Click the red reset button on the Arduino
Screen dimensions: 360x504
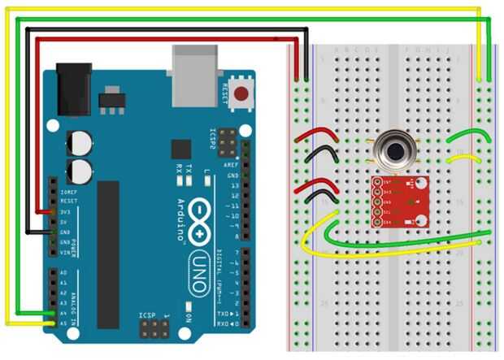pos(241,94)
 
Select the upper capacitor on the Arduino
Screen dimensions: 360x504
pos(80,142)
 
